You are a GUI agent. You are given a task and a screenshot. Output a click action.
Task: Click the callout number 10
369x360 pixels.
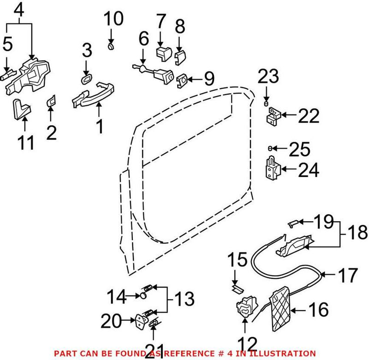(x=113, y=19)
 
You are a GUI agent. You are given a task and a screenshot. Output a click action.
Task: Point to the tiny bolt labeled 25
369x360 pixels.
(x=270, y=148)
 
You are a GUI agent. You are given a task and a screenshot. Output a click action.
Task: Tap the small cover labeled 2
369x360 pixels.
(x=51, y=102)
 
